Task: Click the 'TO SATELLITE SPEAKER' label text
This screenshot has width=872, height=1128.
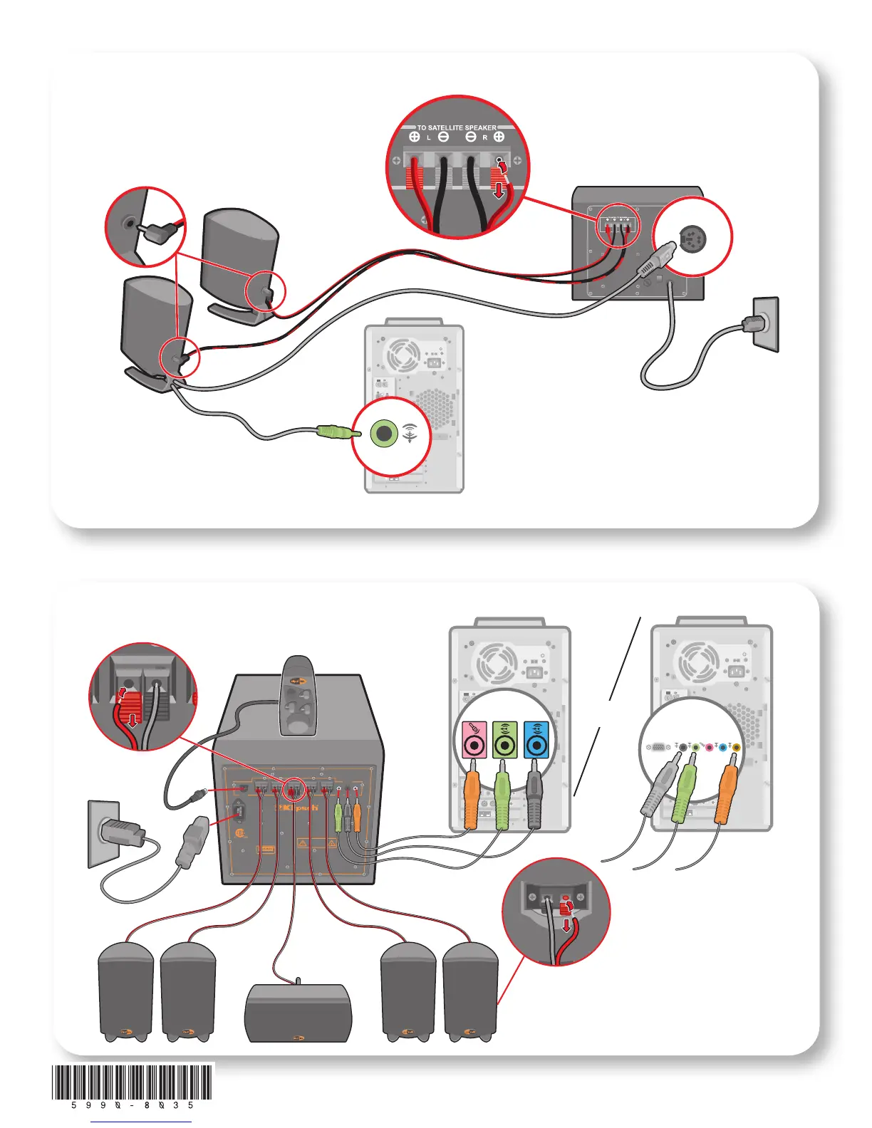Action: coord(457,128)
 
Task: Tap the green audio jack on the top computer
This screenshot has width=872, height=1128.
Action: coord(384,432)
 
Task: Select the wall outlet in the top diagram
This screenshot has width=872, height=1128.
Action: coord(766,324)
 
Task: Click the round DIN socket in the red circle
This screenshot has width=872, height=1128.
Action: coord(690,240)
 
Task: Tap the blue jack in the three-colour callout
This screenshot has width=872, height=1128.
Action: coord(536,743)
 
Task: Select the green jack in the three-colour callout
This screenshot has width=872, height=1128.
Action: coord(504,743)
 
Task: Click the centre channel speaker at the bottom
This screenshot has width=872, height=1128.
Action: coord(298,1013)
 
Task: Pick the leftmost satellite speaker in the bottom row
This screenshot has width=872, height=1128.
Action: coord(125,991)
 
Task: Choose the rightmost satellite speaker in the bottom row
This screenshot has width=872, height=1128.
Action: coord(470,991)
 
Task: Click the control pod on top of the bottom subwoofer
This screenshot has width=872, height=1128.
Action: coord(299,696)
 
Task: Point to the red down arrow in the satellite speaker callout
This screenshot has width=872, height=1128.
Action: coord(568,924)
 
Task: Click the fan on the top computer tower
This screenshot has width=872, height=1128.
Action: coord(403,354)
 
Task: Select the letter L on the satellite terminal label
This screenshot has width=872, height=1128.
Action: coord(429,137)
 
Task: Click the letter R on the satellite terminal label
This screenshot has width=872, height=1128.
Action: coord(484,137)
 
